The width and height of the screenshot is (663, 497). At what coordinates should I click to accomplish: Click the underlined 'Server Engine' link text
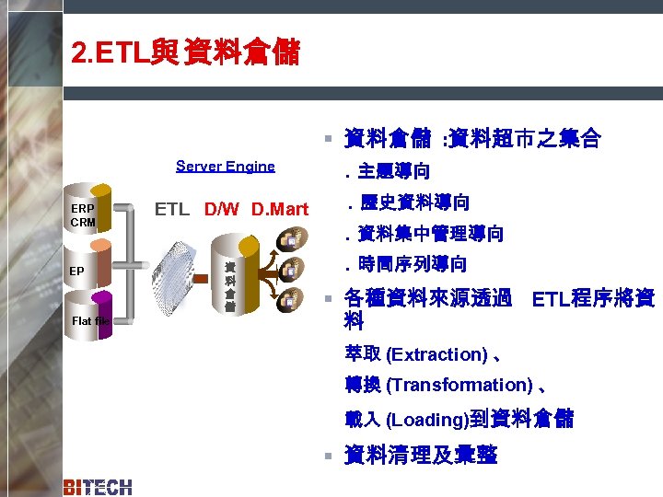225,167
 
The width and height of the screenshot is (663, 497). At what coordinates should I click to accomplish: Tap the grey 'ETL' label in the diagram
172,209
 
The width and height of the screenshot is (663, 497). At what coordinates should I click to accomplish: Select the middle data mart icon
288,269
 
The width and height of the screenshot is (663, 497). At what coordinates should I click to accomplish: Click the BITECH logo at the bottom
98,487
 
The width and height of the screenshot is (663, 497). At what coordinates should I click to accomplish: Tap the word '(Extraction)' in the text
436,354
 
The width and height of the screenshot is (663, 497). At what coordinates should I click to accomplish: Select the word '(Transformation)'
459,385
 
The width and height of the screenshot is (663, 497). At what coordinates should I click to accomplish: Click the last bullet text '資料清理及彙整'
420,456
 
